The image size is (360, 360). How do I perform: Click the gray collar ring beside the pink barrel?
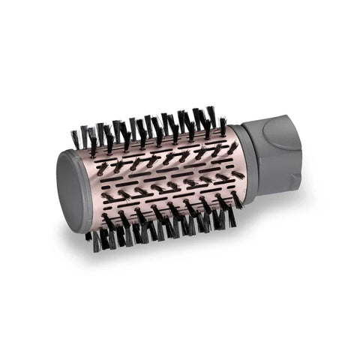[247, 161]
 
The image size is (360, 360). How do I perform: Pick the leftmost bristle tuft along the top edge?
[76, 138]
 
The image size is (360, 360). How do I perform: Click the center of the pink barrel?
[165, 180]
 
